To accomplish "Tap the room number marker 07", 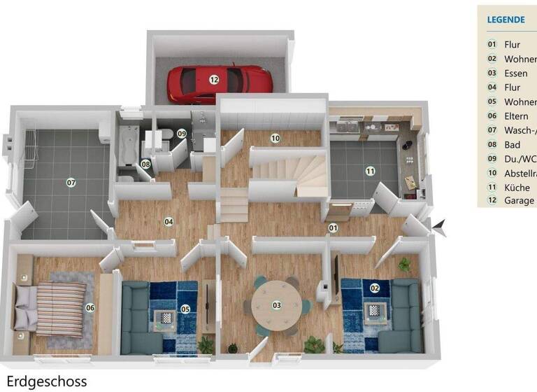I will pos(71,183).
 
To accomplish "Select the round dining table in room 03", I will pos(277,306).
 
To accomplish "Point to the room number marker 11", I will pos(370,170).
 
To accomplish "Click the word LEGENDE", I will pos(507,20).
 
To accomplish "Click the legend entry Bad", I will pos(512,144).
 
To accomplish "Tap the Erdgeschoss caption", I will pos(45,381).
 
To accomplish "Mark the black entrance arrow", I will pos(440,225).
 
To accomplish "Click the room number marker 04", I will pos(169,222).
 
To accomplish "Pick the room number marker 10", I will pos(275,139).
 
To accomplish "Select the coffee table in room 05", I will pos(165,317).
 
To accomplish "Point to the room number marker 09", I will pos(181,133).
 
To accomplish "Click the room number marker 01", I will pos(334,227).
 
